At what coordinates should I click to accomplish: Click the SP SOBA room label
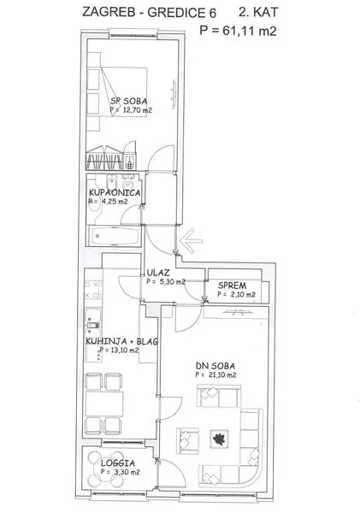click(x=128, y=101)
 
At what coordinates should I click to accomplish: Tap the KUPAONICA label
click(x=115, y=192)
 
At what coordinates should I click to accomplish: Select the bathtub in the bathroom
click(x=115, y=236)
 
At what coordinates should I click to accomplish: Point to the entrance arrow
click(x=192, y=241)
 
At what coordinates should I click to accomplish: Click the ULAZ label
click(x=158, y=272)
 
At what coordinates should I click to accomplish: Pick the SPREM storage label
click(x=233, y=286)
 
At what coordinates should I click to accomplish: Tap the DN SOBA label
click(x=215, y=366)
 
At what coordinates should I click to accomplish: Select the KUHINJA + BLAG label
click(x=121, y=341)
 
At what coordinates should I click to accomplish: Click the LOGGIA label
click(x=118, y=463)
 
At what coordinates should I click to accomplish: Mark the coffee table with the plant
click(x=219, y=439)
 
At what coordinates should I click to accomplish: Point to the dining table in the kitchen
click(x=104, y=404)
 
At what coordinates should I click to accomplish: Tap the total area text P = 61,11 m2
click(x=238, y=31)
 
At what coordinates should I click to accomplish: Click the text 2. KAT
click(x=258, y=13)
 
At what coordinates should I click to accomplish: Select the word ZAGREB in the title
click(x=109, y=13)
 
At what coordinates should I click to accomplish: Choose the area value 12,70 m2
click(x=138, y=110)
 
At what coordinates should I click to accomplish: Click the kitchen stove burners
click(x=92, y=290)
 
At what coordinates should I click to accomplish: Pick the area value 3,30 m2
click(x=127, y=472)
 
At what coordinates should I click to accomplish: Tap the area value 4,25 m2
click(x=115, y=202)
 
